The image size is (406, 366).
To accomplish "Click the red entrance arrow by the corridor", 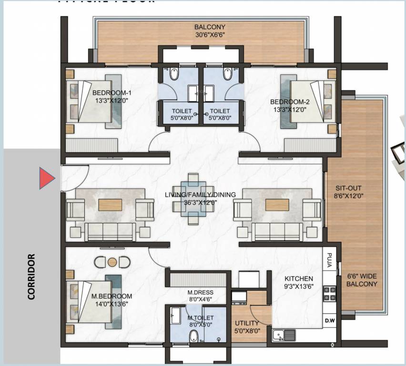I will [x=47, y=179].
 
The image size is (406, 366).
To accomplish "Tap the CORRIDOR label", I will [x=31, y=276].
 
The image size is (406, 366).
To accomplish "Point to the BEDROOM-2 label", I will [x=290, y=102].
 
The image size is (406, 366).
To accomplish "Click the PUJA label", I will [x=329, y=262].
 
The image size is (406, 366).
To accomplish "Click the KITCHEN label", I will [x=299, y=278].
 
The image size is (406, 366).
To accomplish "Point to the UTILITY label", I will [x=247, y=323].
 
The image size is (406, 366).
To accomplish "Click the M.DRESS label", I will [x=200, y=292].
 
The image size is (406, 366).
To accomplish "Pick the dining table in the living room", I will [x=193, y=198].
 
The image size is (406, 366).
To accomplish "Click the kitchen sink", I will [x=284, y=335].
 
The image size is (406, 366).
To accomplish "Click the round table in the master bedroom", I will [x=112, y=262].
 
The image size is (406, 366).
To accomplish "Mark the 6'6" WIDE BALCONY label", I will [x=362, y=280].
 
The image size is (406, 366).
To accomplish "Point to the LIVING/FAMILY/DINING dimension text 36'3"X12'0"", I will [x=194, y=202].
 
